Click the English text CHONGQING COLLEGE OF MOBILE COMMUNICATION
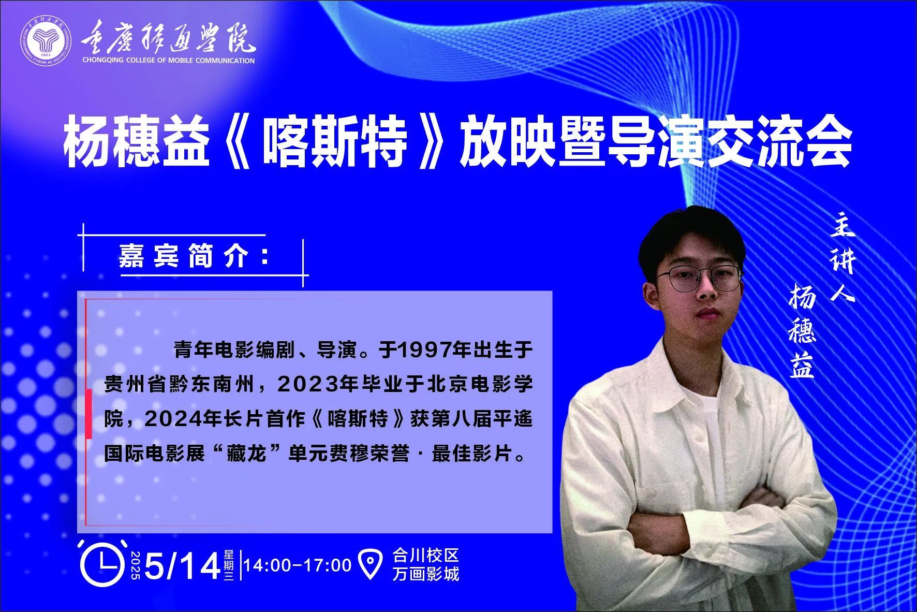pos(169,61)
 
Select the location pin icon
pos(371,564)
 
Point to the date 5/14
pos(183,566)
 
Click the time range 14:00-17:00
pos(298,565)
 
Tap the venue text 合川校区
pos(425,556)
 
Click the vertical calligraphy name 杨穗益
pos(802,333)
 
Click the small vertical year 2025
pos(136,565)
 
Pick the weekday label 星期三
pos(229,565)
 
